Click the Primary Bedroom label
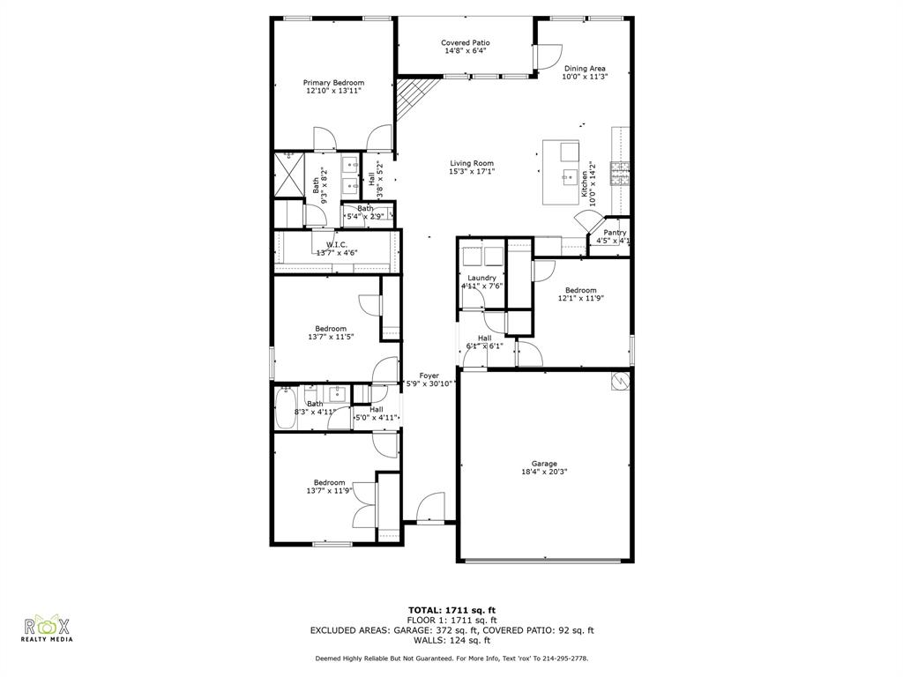point(334,83)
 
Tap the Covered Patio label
point(465,42)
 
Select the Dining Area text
point(585,68)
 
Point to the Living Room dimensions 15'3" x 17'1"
point(472,172)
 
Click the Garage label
point(543,464)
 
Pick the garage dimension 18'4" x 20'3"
point(543,472)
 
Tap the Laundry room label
point(481,278)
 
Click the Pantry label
point(615,233)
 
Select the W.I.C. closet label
point(336,244)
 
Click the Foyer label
point(429,376)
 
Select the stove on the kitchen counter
point(623,169)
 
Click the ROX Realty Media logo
point(48,628)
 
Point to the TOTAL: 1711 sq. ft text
point(451,610)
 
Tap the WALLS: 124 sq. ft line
point(451,640)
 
